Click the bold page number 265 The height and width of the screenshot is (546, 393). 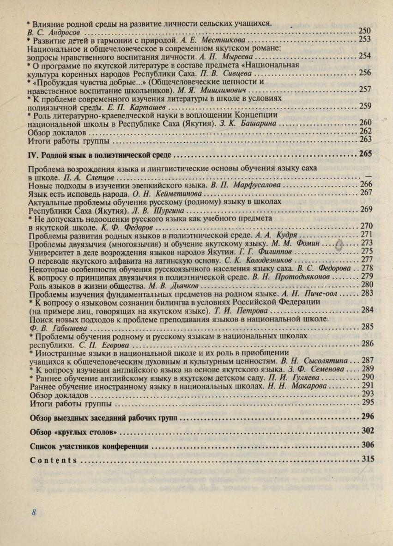click(365, 154)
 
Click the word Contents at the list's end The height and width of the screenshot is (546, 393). click(53, 460)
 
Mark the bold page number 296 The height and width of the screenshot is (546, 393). click(367, 417)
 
